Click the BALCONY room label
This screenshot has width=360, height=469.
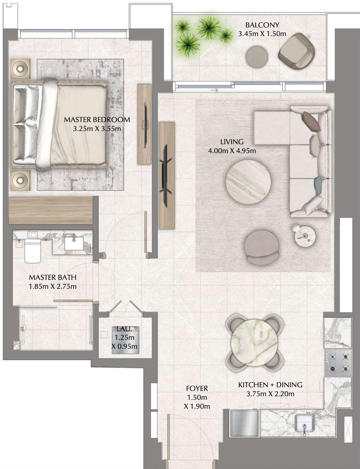pos(262,25)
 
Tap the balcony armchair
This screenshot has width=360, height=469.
pos(296,51)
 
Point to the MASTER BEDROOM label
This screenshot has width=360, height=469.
pos(97,120)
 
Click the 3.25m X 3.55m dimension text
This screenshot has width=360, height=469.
pos(97,128)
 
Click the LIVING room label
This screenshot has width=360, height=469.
pos(232,142)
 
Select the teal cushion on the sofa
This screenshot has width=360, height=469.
pos(317,183)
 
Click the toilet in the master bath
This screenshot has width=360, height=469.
pos(33,250)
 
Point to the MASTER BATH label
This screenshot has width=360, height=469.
pos(52,277)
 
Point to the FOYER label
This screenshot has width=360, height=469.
pos(197,388)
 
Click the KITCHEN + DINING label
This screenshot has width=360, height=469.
pos(270,385)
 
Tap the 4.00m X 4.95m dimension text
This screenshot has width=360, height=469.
pos(232,151)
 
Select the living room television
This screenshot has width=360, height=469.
pos(166,175)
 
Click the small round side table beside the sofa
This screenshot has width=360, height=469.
pos(305,236)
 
